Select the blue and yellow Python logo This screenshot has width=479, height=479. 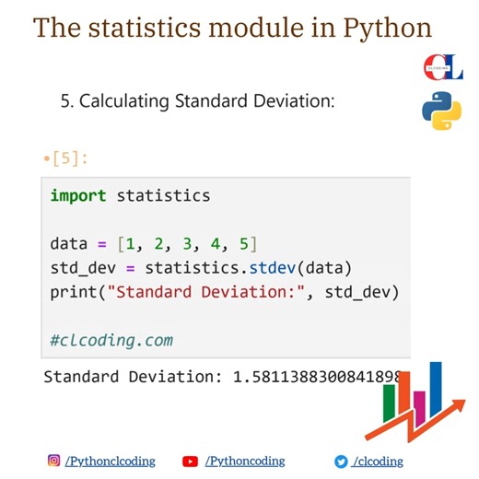441,113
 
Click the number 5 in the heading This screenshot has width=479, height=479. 65,100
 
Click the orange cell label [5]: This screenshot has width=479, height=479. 69,158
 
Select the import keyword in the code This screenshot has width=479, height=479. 78,195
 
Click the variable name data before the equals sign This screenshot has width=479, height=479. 69,244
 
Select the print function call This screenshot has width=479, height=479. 74,292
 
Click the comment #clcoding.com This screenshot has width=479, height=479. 111,340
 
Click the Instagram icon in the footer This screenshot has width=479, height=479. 54,461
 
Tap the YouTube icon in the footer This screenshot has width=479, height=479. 191,461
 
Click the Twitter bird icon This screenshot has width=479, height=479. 341,461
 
